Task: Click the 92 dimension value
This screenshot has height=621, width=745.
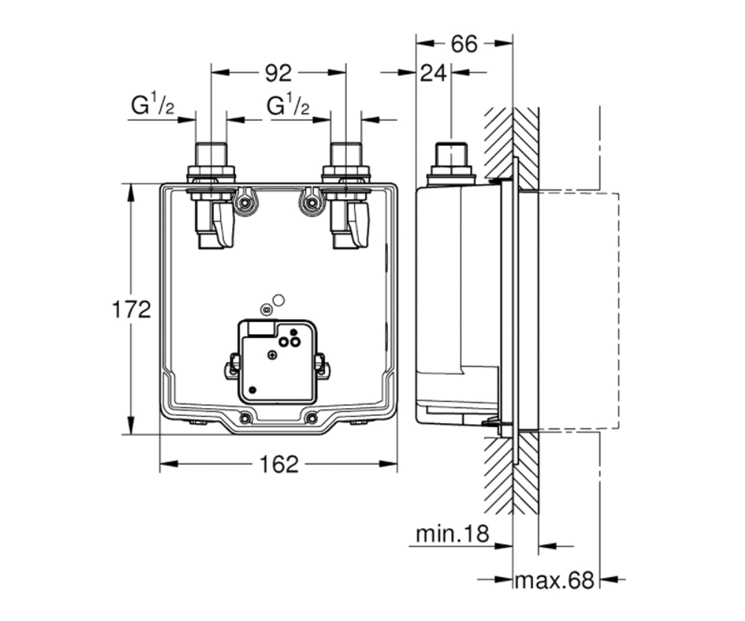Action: coord(278,74)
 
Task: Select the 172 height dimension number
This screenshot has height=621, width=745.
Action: coord(132,309)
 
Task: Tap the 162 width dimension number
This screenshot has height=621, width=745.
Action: coord(279,465)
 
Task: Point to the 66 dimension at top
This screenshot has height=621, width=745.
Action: coord(464,44)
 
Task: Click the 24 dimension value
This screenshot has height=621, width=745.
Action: coord(433,74)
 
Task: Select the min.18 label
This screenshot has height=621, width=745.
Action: coord(453,534)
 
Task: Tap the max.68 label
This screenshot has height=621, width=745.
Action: coord(554,580)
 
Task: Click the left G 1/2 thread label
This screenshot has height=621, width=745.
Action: coord(152,104)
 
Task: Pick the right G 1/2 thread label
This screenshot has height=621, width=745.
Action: coord(287,104)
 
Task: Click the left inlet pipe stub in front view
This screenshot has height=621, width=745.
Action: coord(211,155)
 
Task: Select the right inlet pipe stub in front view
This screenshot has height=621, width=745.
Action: coord(346,155)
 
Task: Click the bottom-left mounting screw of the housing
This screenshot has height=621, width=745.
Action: coord(245,419)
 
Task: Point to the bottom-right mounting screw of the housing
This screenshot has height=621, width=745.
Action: coord(312,419)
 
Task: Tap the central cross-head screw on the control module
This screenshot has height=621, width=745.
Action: coord(273,355)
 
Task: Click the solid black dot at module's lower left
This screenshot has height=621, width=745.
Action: coord(252,389)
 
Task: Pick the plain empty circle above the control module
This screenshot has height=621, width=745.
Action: coord(278,301)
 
